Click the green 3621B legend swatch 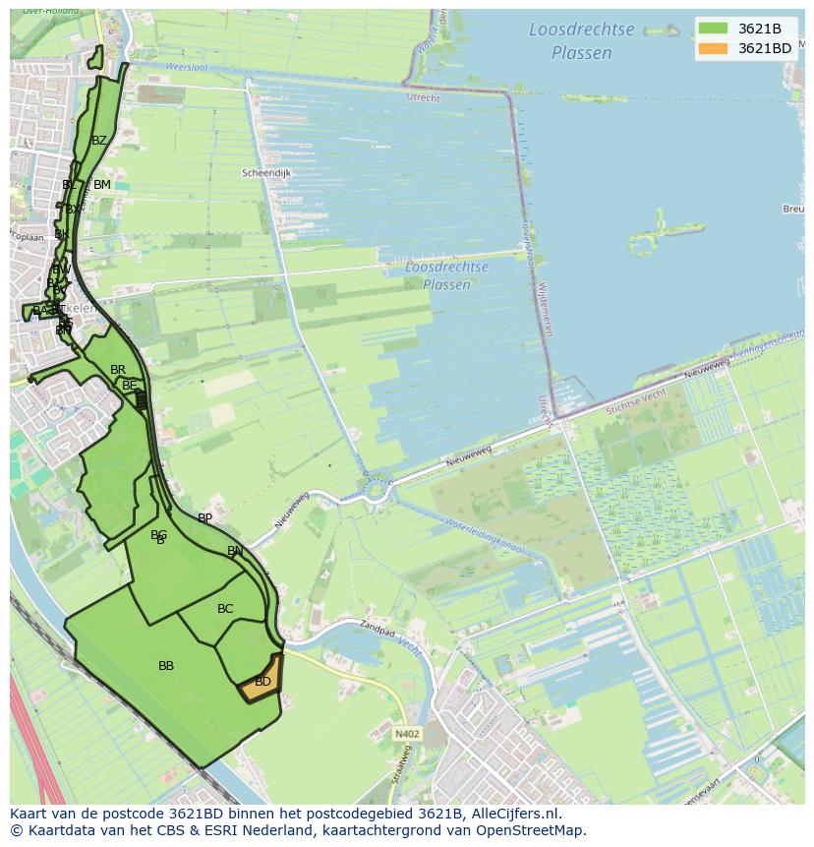(714, 29)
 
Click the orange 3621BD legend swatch (714, 48)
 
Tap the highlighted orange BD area (262, 681)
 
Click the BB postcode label (166, 666)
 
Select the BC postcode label (225, 609)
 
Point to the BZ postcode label (99, 141)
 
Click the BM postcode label (102, 185)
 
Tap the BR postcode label (118, 370)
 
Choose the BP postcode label (204, 518)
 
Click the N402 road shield (407, 734)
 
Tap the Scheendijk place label (266, 173)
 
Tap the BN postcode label (235, 551)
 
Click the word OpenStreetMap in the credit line (532, 830)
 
